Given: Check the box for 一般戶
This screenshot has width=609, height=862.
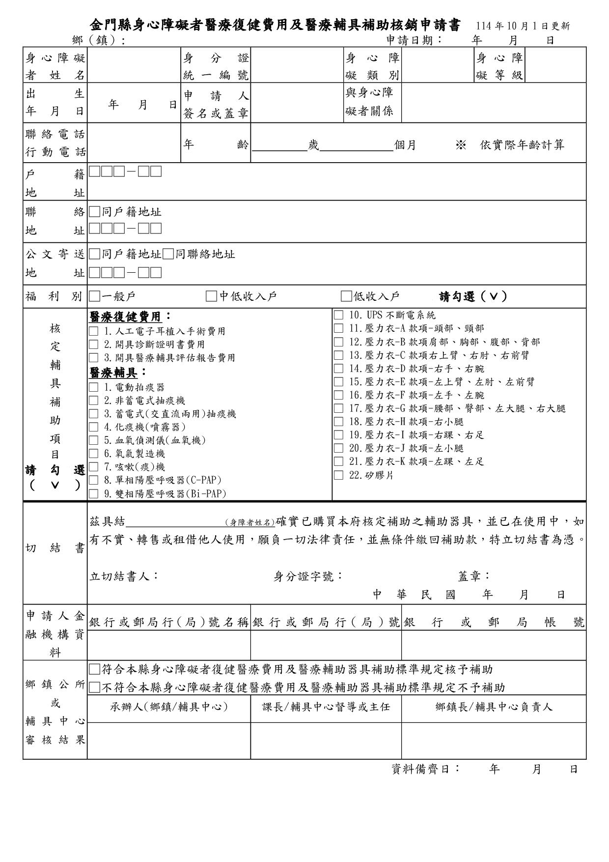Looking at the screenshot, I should point(94,296).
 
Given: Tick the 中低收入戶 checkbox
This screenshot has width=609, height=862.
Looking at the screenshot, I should point(211,296).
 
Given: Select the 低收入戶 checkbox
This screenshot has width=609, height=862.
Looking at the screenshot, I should point(346,296).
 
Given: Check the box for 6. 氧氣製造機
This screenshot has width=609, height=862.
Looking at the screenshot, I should point(93,454).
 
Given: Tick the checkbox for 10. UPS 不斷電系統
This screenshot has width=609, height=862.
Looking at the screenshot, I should point(338,315).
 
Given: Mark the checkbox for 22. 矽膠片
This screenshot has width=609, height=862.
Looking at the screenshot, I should point(338,475).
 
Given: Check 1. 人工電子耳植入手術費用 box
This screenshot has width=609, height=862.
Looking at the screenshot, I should point(93,331).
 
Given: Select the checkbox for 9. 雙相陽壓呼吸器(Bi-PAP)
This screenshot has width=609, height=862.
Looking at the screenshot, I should point(93,494).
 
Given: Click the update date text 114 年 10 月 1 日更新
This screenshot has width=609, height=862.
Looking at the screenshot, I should point(523,26).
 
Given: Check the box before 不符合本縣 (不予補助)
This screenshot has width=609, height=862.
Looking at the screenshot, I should point(94,687).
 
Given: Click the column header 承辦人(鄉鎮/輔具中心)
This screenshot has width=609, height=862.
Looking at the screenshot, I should point(169,707).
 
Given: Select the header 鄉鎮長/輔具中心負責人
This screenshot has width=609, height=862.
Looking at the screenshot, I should point(494,707).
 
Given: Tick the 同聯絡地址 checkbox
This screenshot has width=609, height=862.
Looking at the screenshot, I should point(168,254).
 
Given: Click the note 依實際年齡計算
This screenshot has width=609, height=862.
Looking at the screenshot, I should point(522,144).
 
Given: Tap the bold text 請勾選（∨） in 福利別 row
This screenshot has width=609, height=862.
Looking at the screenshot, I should point(472,296).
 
